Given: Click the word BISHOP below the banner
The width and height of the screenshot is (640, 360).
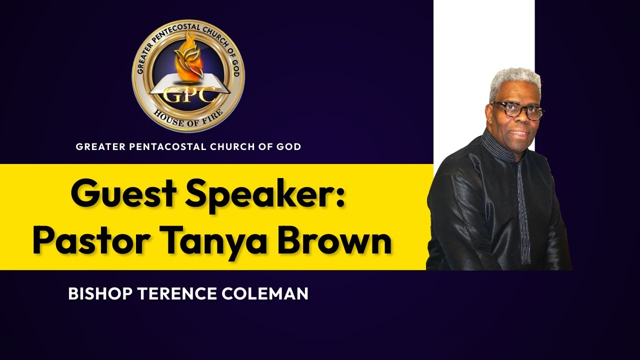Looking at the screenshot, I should (100, 294).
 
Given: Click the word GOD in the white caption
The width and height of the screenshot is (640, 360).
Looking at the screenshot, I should (290, 147).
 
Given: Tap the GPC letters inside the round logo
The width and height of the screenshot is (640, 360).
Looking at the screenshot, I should (188, 93).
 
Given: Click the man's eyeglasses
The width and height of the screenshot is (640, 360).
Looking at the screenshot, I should (518, 110).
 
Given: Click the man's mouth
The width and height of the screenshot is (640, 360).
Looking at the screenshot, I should (519, 133).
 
